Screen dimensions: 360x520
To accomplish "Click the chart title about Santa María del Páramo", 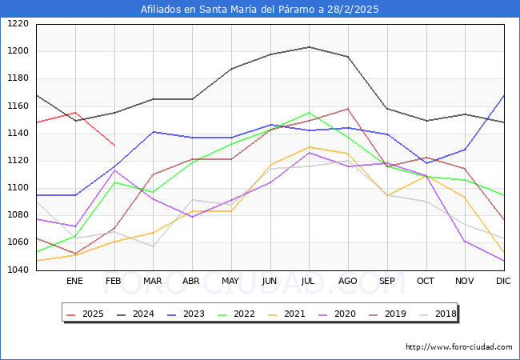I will [260, 10].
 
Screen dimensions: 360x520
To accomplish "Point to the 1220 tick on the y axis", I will [18, 24].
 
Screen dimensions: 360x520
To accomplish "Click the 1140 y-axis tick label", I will [18, 134].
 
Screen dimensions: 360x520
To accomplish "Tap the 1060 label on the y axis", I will [18, 242].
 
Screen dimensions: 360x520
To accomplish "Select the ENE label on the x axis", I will [74, 282].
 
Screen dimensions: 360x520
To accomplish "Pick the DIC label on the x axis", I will [503, 282].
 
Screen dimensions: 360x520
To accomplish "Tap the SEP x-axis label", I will [387, 282].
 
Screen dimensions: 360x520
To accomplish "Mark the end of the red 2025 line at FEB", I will [114, 146].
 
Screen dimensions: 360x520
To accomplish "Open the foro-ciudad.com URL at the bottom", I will [458, 347].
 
